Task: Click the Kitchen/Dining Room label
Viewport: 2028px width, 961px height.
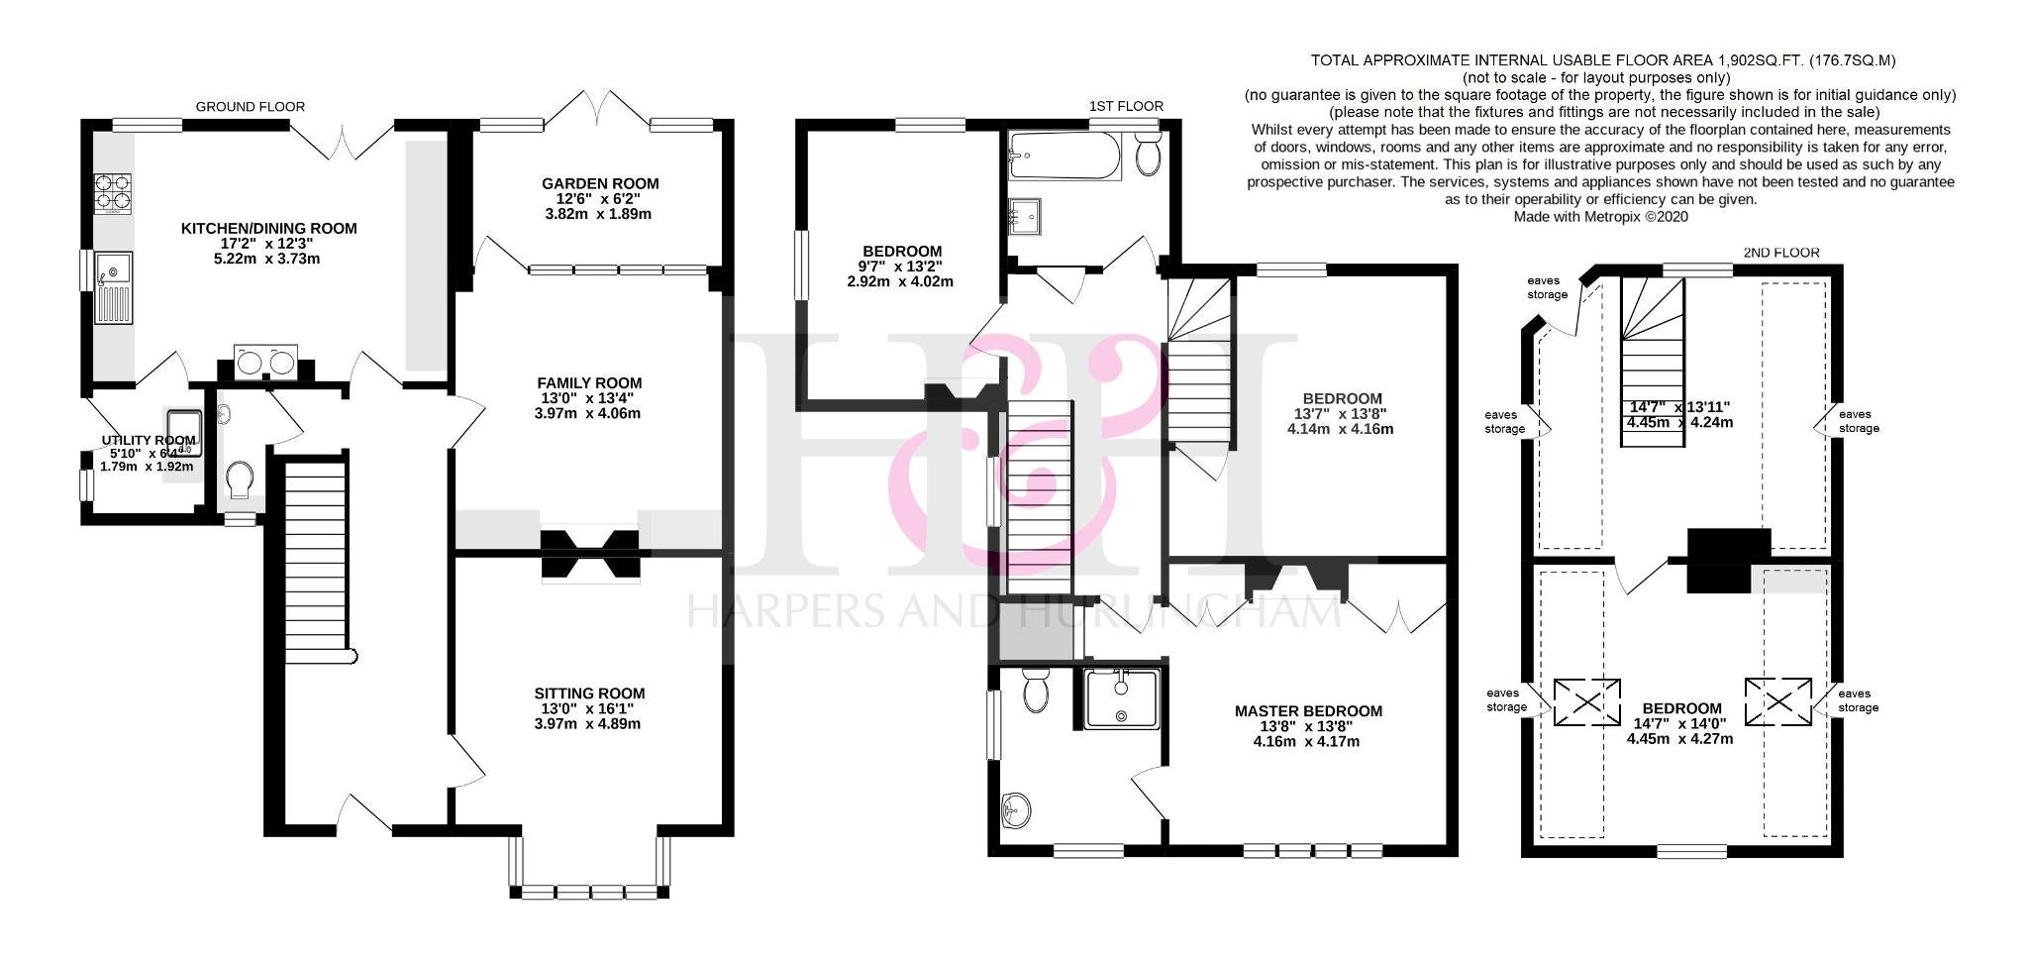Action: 268,229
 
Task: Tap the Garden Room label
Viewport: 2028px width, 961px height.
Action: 600,183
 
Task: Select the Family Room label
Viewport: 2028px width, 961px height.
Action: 589,383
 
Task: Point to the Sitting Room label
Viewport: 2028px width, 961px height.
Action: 589,694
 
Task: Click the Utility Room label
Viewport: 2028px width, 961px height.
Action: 149,441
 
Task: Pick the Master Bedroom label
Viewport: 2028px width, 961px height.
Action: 1308,711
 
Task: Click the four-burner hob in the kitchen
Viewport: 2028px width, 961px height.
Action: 113,193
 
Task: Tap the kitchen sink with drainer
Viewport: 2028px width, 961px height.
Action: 113,287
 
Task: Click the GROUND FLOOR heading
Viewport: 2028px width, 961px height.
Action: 251,107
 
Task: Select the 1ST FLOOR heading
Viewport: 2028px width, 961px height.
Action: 1126,106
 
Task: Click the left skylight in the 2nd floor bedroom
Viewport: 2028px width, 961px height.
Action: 1587,702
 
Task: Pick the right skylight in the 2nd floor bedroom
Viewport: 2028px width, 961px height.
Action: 1778,702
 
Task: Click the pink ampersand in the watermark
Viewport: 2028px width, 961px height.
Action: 1025,436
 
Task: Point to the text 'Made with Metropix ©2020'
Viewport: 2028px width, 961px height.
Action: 1601,216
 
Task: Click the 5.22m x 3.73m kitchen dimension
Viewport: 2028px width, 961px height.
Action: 268,259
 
